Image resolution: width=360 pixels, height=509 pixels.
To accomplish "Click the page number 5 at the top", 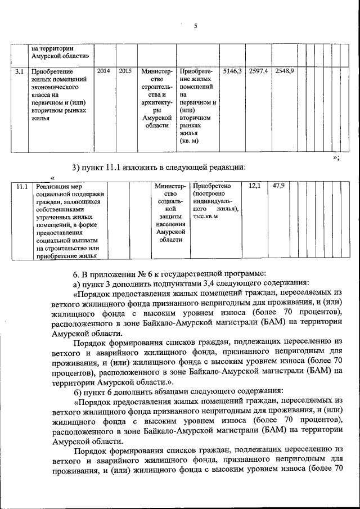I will [x=195, y=26].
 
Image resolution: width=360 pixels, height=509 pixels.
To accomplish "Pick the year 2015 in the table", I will [x=125, y=71].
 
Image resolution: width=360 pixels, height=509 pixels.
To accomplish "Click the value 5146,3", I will [x=232, y=71].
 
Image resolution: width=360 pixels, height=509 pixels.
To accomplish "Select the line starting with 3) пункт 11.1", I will [x=159, y=167].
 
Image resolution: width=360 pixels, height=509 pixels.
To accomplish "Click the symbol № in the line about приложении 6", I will [x=143, y=274].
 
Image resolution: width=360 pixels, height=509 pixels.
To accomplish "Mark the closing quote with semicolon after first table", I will [x=336, y=157].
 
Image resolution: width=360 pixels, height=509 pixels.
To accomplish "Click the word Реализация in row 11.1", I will [x=51, y=186].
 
